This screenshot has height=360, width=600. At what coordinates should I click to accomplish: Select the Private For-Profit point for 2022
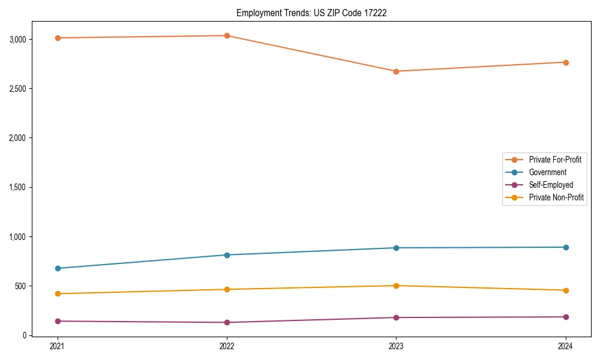pyautogui.click(x=227, y=35)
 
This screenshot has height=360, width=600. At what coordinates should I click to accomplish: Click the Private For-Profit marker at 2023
pyautogui.click(x=396, y=71)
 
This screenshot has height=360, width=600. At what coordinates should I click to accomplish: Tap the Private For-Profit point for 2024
pyautogui.click(x=566, y=62)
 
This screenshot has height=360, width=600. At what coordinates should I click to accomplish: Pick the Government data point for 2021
pyautogui.click(x=57, y=268)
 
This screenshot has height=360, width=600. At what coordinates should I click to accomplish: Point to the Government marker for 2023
pyautogui.click(x=396, y=248)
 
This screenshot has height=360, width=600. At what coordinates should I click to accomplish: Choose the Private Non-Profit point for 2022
pyautogui.click(x=227, y=289)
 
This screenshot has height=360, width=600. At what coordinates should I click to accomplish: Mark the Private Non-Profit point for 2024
pyautogui.click(x=566, y=290)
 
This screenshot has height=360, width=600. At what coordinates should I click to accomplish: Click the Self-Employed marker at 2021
pyautogui.click(x=57, y=321)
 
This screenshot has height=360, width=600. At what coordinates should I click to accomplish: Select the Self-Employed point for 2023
pyautogui.click(x=396, y=317)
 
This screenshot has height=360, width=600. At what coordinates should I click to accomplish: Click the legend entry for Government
pyautogui.click(x=547, y=172)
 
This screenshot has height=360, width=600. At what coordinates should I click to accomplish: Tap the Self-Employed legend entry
pyautogui.click(x=551, y=185)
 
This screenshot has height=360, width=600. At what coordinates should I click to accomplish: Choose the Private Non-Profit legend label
pyautogui.click(x=556, y=197)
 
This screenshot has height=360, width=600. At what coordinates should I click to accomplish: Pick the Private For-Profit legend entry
pyautogui.click(x=555, y=160)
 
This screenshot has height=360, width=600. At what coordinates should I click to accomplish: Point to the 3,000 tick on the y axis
pyautogui.click(x=16, y=40)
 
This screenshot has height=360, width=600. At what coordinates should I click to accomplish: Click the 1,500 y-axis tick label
pyautogui.click(x=16, y=187)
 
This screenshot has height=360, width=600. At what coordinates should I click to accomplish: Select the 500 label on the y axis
pyautogui.click(x=20, y=286)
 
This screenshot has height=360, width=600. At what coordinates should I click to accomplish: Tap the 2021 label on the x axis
pyautogui.click(x=57, y=346)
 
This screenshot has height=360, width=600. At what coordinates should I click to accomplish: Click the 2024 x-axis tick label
pyautogui.click(x=566, y=346)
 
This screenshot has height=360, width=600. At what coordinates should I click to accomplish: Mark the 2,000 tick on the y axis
pyautogui.click(x=16, y=138)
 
